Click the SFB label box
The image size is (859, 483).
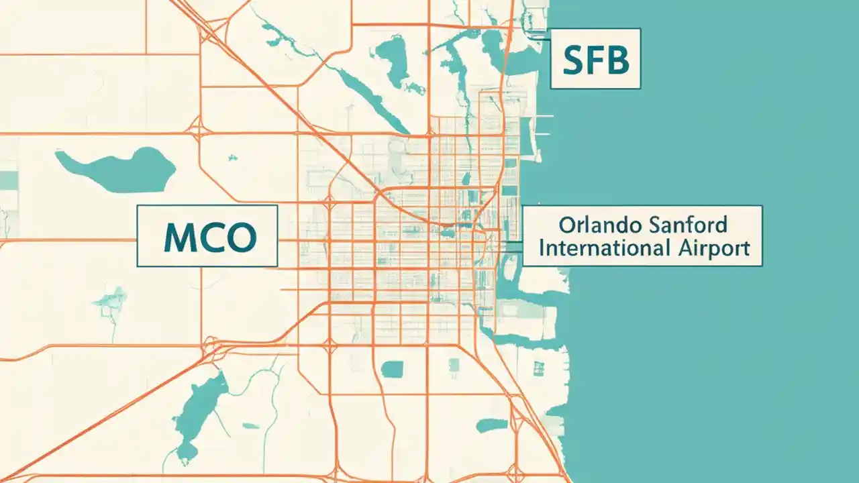point(595,58)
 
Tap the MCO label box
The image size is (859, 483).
point(207,236)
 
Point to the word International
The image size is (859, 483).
point(603,248)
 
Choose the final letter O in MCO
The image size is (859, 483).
point(241,237)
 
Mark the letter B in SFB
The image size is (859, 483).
point(616,60)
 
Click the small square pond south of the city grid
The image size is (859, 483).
point(392,368)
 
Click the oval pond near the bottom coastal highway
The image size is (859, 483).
point(492,425)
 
